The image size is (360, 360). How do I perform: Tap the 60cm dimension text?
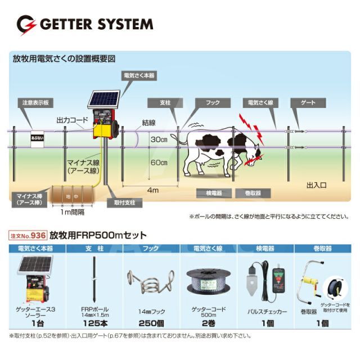click(159, 163)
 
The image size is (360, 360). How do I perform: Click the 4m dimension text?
click(152, 191)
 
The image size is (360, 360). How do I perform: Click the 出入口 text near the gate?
click(316, 184)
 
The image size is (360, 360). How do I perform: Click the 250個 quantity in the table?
click(151, 323)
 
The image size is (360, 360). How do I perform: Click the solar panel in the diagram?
click(105, 98)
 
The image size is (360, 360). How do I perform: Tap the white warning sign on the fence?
click(37, 138)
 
